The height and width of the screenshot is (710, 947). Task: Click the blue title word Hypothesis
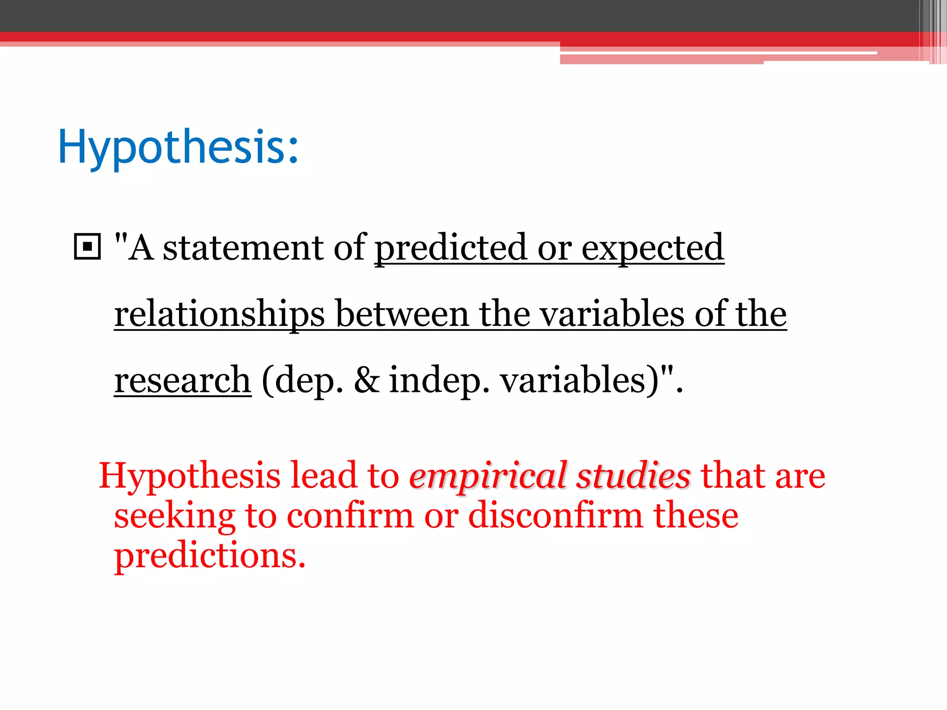pyautogui.click(x=178, y=147)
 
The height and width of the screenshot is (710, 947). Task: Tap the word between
pyautogui.click(x=401, y=314)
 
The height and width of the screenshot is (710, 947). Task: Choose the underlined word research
pyautogui.click(x=183, y=380)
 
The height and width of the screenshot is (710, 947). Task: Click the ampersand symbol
pyautogui.click(x=367, y=380)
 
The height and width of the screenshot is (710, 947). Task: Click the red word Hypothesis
pyautogui.click(x=190, y=476)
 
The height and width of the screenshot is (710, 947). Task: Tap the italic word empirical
pyautogui.click(x=488, y=476)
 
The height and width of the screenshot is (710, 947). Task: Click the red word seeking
pyautogui.click(x=175, y=517)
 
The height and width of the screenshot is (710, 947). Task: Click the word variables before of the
pyautogui.click(x=612, y=314)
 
